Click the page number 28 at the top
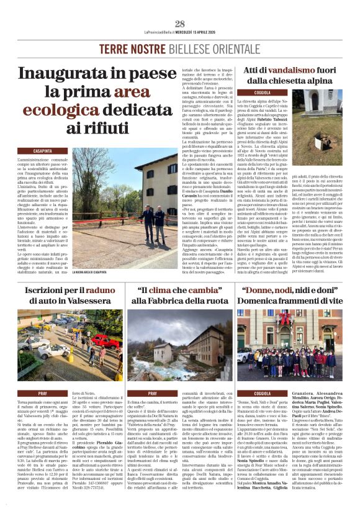180,24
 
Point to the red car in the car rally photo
102,341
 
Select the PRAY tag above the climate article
152,393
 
